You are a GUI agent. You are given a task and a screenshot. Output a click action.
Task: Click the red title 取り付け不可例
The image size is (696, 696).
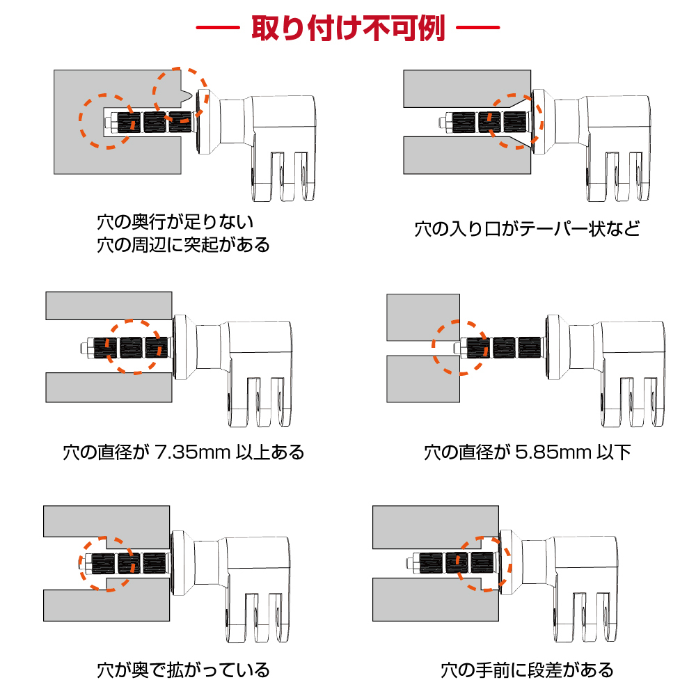click(x=348, y=28)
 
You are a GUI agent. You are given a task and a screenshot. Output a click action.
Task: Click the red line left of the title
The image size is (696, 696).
click(x=218, y=28)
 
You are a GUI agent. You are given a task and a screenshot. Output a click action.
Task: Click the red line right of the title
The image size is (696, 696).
click(x=478, y=28)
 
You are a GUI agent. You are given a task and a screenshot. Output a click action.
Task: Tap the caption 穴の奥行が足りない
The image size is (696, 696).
click(x=175, y=221)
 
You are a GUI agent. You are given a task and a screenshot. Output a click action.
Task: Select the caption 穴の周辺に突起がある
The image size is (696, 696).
click(x=183, y=244)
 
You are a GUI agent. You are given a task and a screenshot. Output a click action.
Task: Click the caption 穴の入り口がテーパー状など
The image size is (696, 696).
click(x=528, y=228)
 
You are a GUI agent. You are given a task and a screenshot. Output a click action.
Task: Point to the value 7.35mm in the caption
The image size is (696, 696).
click(x=193, y=452)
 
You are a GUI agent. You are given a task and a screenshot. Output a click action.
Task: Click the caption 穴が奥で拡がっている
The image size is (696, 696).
click(x=183, y=670)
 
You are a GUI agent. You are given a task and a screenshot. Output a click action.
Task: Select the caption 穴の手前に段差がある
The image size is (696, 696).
click(x=527, y=670)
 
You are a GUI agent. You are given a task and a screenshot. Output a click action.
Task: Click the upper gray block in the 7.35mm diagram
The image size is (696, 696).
click(x=109, y=306)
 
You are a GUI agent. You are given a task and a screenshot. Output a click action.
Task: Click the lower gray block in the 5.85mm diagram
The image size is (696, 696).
click(x=423, y=379)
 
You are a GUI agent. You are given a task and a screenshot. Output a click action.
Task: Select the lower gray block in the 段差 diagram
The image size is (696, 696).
click(x=436, y=599)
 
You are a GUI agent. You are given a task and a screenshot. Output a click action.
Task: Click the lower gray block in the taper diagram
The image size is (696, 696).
click(x=467, y=155)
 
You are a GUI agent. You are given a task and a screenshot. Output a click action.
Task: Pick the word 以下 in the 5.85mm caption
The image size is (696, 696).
click(x=613, y=452)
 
